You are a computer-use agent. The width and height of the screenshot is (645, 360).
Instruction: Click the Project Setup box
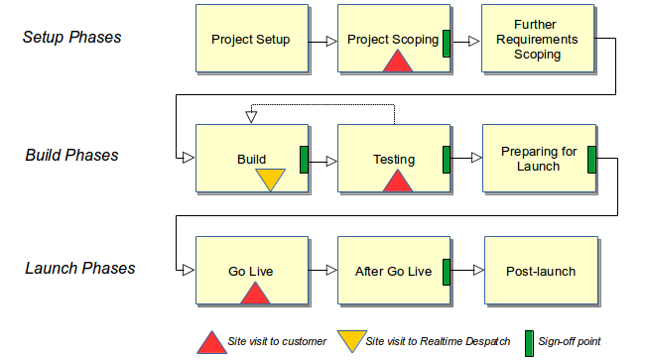251,40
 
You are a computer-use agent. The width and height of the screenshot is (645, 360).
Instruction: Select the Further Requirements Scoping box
538,40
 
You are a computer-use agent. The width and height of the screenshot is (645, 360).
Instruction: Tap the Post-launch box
540,271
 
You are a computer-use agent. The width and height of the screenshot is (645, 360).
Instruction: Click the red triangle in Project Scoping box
397,61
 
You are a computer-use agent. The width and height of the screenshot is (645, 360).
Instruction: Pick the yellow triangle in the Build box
270,179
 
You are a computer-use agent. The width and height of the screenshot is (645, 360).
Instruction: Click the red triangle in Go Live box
255,293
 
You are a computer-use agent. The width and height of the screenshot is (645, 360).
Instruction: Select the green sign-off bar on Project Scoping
447,42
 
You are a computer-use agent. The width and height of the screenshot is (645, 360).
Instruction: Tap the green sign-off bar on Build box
305,159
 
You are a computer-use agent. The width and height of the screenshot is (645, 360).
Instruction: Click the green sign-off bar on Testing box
447,159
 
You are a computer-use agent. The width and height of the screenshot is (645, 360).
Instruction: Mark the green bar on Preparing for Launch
591,159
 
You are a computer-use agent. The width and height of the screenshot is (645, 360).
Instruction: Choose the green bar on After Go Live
447,271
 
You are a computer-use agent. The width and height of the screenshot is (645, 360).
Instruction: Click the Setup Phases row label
71,38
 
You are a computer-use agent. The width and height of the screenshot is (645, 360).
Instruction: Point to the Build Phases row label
71,155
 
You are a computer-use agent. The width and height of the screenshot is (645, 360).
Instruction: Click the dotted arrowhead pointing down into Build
251,118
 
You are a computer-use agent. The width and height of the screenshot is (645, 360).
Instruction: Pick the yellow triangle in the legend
349,341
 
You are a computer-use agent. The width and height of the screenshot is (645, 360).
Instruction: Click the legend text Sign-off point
569,342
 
